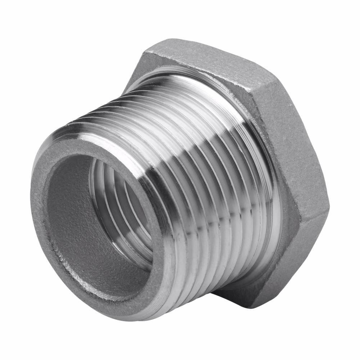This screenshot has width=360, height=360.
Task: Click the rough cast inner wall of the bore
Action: (x=72, y=223)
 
